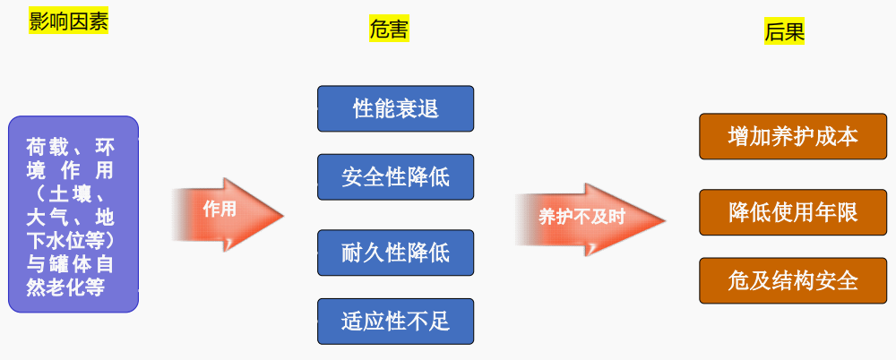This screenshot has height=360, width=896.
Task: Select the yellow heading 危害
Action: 389,30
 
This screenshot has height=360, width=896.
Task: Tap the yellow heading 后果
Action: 784,32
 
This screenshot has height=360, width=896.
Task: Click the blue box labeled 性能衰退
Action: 395,109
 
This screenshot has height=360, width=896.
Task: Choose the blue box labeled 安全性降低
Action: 395,176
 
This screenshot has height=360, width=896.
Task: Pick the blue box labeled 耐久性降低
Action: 395,253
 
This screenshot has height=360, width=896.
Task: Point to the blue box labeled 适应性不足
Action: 395,321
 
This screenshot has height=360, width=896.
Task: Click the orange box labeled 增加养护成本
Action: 793,137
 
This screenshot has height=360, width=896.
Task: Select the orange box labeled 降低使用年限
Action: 793,212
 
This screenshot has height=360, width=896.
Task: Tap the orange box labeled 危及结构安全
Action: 793,280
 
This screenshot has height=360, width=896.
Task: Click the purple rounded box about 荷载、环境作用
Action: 73,214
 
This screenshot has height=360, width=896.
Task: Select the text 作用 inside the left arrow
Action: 219,210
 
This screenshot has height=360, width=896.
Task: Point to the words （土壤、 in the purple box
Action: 71,193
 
